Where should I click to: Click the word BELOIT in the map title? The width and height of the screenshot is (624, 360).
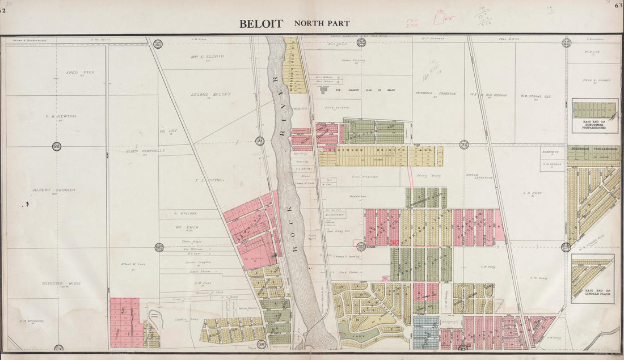pyautogui.click(x=262, y=24)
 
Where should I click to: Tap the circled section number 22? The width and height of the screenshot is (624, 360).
pyautogui.click(x=56, y=146)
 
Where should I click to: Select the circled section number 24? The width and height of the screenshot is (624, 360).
pyautogui.click(x=464, y=145)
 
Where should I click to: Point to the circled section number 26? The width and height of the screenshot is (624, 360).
pyautogui.click(x=262, y=344)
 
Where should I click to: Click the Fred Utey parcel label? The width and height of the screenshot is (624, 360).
pyautogui.click(x=79, y=73)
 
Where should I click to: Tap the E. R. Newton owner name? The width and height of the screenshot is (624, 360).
pyautogui.click(x=61, y=116)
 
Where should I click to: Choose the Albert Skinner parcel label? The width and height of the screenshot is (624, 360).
pyautogui.click(x=54, y=190)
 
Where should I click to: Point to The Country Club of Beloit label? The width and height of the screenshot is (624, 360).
pyautogui.click(x=359, y=90)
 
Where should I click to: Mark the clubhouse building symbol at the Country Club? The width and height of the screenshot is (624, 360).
pyautogui.click(x=324, y=90)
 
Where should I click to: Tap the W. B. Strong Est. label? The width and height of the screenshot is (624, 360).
pyautogui.click(x=536, y=96)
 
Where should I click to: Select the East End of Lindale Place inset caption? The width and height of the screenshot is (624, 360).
pyautogui.click(x=592, y=292)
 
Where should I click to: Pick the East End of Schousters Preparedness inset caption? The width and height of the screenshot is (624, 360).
pyautogui.click(x=595, y=125)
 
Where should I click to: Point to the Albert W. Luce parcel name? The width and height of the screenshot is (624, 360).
pyautogui.click(x=133, y=264)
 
